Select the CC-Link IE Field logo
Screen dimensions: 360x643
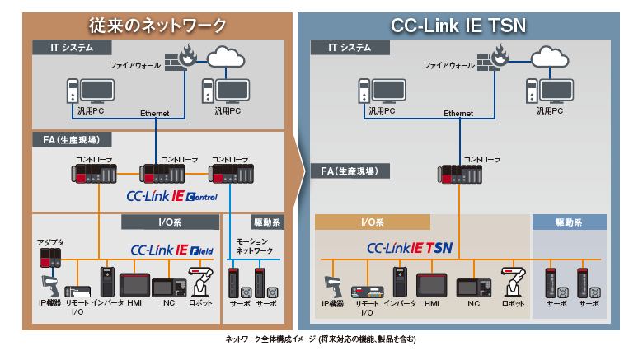coord(171,249)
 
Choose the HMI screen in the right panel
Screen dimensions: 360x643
coord(433,283)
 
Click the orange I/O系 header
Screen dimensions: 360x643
coord(373,222)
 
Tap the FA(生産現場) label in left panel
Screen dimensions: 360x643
coord(61,140)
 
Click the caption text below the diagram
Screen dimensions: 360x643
coord(321,339)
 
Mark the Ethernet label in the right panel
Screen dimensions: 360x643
coord(458,114)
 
